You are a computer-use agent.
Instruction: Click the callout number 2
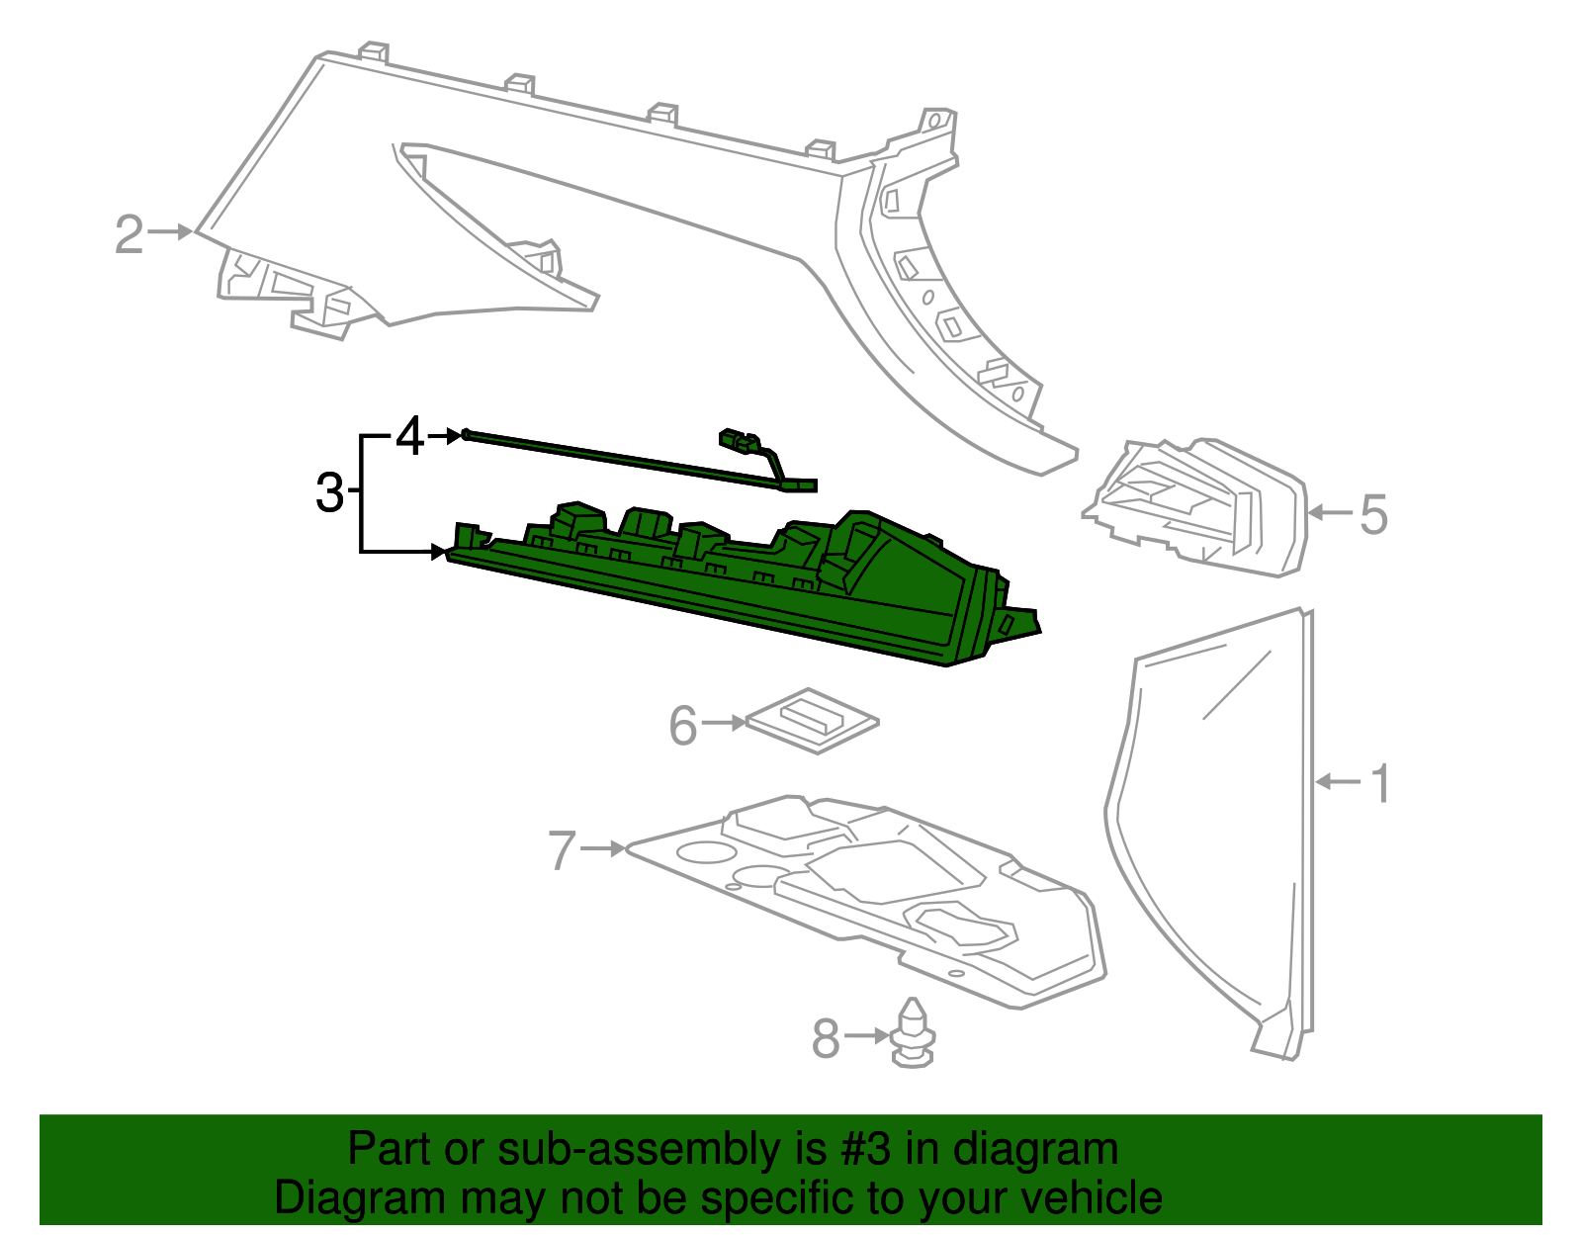click(130, 234)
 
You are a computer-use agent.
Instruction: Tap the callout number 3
click(330, 492)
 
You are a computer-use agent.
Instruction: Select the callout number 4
click(410, 436)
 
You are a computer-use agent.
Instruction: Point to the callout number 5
click(1374, 514)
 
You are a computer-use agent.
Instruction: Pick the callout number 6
click(683, 726)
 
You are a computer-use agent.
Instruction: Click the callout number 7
click(562, 850)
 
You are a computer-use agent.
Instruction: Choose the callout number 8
click(826, 1038)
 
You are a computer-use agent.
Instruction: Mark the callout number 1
click(1380, 783)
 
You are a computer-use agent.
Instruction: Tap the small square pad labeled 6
click(813, 721)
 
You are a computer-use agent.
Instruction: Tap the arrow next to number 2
click(171, 232)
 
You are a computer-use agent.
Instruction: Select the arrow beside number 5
click(1330, 512)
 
